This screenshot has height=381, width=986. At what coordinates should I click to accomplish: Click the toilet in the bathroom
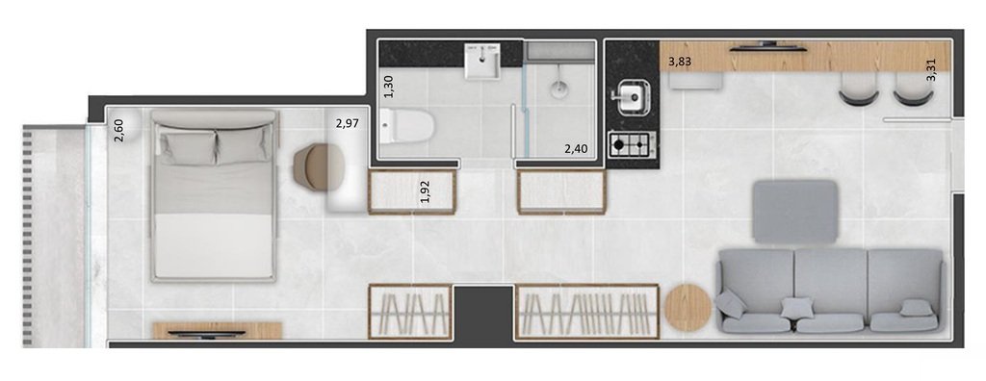pyautogui.click(x=405, y=125)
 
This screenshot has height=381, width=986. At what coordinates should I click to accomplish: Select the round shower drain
pyautogui.click(x=560, y=90)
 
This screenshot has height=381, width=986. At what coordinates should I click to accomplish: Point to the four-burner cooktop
pyautogui.click(x=633, y=145)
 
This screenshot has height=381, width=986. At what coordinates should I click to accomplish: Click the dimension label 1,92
pyautogui.click(x=425, y=191)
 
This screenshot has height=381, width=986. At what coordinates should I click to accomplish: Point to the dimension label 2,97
pyautogui.click(x=348, y=123)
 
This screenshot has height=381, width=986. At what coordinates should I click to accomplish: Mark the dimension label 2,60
pyautogui.click(x=118, y=130)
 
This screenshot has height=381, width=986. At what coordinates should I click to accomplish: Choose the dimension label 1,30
pyautogui.click(x=389, y=88)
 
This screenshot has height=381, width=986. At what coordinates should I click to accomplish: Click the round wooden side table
pyautogui.click(x=688, y=307)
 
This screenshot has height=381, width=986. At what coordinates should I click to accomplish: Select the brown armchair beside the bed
pyautogui.click(x=315, y=165)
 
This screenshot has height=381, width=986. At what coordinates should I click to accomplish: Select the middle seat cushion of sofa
pyautogui.click(x=830, y=280)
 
